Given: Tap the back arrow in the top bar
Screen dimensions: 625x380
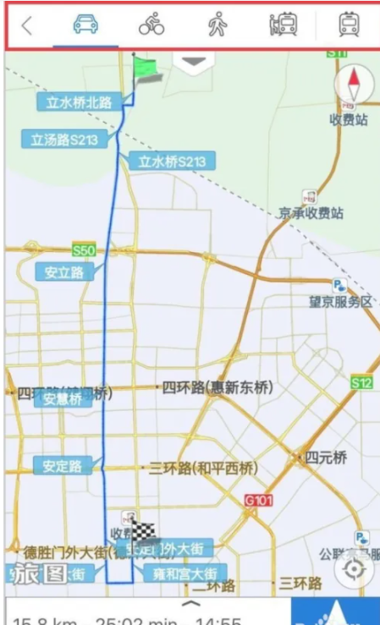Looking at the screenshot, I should (x=27, y=25).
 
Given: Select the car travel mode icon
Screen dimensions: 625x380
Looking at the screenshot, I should (x=85, y=25).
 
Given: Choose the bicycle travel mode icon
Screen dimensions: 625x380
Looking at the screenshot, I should (x=151, y=25).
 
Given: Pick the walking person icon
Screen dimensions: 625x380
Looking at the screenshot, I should (x=217, y=25).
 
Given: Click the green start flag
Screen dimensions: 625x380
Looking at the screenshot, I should (x=146, y=69).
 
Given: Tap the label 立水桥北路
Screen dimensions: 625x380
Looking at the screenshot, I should (x=79, y=102).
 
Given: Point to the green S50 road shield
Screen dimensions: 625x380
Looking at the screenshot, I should (x=85, y=250).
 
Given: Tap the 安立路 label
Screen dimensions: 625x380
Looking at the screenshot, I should (x=64, y=272).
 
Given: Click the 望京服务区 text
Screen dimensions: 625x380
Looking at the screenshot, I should (x=340, y=302).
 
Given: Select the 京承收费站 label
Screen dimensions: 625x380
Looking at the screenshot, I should (x=311, y=213).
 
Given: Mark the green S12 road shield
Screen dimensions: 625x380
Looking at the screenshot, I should (x=362, y=383).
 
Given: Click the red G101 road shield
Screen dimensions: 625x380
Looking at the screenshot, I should (x=259, y=501).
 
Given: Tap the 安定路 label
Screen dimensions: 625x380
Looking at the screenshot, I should (x=62, y=465).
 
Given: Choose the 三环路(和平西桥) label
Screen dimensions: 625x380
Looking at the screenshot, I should (x=204, y=468).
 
